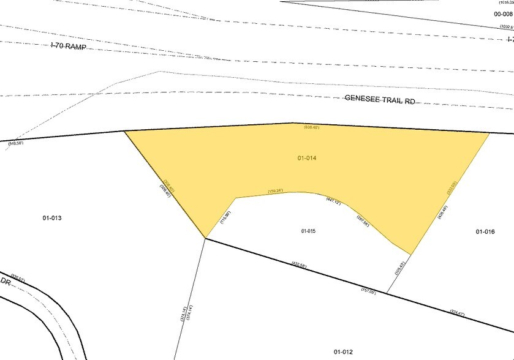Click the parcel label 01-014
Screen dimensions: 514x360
[307, 158]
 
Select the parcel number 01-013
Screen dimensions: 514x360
[52, 218]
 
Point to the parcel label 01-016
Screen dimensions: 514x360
[485, 231]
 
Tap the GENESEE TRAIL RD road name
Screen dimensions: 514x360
[380, 99]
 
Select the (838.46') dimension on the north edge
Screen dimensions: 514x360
[312, 128]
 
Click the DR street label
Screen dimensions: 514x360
[6, 280]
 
